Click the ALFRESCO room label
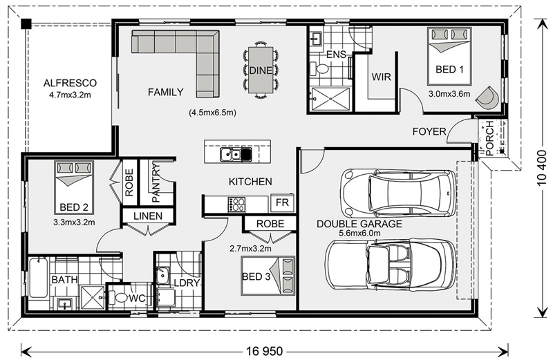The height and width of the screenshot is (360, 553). (70, 83)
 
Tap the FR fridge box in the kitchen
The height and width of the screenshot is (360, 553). (282, 202)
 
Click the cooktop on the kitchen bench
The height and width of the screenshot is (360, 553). (236, 205)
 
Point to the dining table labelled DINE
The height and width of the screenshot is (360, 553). (261, 70)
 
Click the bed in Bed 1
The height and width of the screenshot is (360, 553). (449, 57)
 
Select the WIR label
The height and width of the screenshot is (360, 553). (382, 77)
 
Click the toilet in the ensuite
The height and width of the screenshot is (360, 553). (319, 68)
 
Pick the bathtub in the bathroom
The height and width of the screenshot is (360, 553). (38, 278)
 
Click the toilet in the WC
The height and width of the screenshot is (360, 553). (118, 298)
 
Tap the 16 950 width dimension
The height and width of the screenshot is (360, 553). (265, 351)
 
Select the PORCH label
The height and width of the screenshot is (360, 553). (489, 139)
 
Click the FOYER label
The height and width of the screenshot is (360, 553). (429, 131)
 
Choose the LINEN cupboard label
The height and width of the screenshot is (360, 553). (148, 216)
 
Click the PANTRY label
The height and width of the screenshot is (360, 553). (156, 182)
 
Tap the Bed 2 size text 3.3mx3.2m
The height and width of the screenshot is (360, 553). (74, 222)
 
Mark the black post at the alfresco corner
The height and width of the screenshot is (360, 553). (26, 24)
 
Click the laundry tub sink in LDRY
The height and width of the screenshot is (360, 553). (162, 276)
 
